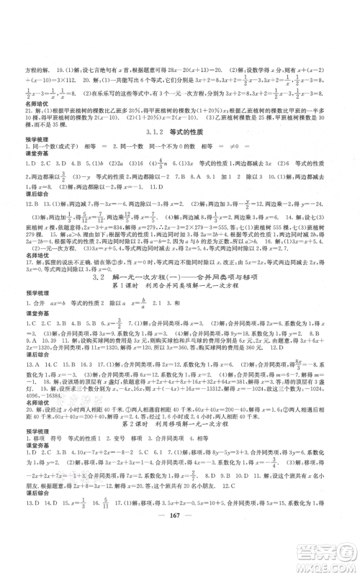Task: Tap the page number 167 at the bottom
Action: [x=179, y=539]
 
